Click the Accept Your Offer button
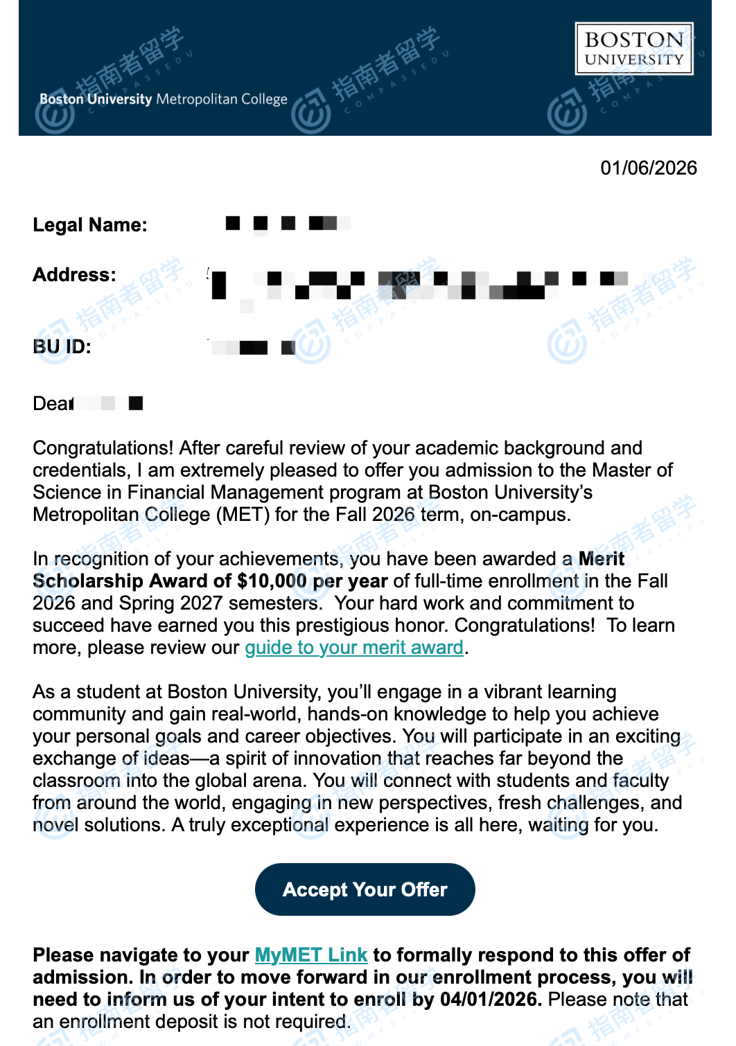click(x=365, y=889)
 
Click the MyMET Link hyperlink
click(x=310, y=955)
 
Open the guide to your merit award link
click(x=353, y=648)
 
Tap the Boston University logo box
click(x=633, y=48)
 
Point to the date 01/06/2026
click(x=648, y=168)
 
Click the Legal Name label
click(x=90, y=225)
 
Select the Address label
click(x=74, y=275)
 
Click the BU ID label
click(x=62, y=347)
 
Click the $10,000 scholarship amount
click(x=272, y=581)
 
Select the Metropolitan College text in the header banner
click(x=222, y=99)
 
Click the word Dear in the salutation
click(x=53, y=404)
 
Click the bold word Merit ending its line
click(x=601, y=559)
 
